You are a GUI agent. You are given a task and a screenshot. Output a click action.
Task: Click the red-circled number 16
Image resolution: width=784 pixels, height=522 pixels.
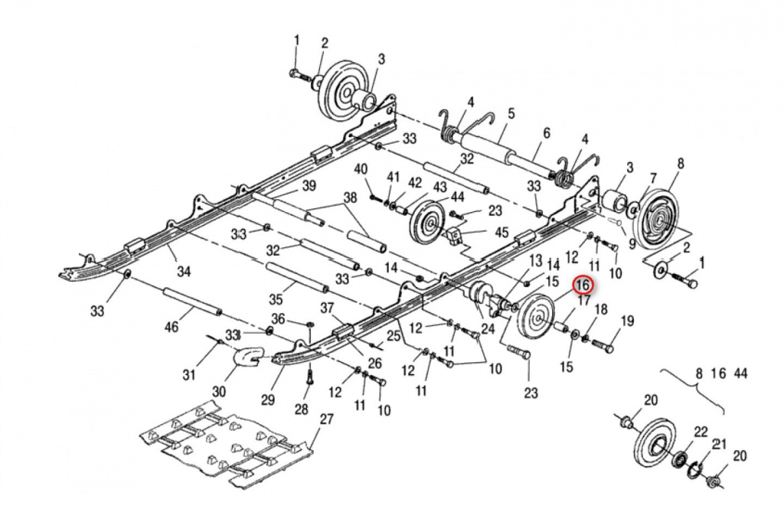[x=582, y=285]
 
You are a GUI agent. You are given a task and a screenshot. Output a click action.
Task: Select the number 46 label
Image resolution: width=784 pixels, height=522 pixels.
[x=172, y=326]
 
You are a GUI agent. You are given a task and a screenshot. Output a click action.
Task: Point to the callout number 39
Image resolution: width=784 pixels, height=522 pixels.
[x=309, y=187]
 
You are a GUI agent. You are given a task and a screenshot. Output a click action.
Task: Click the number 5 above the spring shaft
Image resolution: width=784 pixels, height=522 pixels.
[x=511, y=114]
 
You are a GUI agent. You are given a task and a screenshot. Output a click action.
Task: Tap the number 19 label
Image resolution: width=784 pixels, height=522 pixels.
[x=627, y=321]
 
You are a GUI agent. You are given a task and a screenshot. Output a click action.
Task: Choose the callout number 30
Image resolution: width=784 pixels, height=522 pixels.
[x=218, y=391]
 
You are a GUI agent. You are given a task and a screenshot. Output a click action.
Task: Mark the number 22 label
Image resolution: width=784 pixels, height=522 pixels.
[x=700, y=431]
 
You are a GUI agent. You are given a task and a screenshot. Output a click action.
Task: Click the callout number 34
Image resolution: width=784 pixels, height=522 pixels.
[x=185, y=272]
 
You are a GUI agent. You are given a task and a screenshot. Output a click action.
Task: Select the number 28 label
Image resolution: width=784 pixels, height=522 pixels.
[x=301, y=409]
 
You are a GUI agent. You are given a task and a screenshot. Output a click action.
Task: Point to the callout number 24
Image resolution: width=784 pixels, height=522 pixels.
[x=487, y=328]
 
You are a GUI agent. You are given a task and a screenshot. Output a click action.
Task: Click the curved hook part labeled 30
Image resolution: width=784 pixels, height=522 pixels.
[x=247, y=358]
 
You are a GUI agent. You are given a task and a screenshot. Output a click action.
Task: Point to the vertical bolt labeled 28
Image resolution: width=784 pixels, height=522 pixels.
[x=310, y=375]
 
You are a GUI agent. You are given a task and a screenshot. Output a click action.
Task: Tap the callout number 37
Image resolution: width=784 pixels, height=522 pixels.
[x=327, y=309]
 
